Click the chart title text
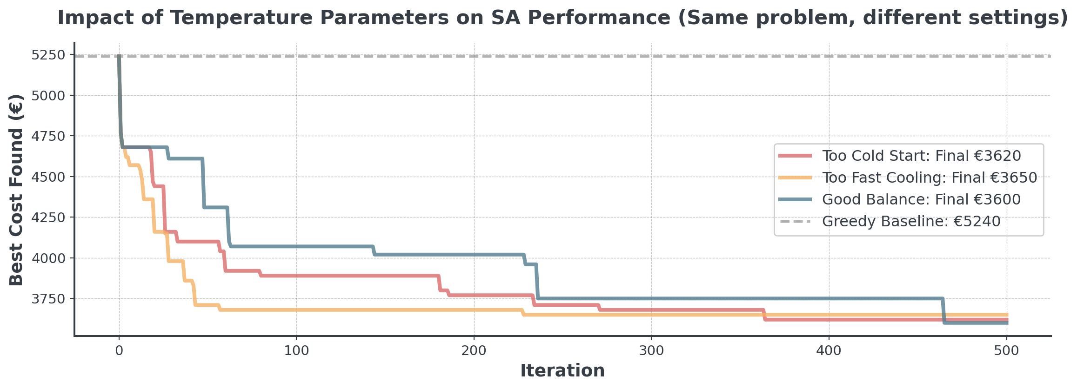562,18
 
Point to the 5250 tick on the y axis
48,55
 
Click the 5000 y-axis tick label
48,96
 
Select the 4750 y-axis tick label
48,136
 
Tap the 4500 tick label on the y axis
48,177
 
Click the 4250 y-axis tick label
48,218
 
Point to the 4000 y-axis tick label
48,258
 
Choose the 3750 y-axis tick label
48,299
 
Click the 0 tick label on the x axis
119,350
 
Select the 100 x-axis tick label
296,350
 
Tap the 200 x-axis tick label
474,350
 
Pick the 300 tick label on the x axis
651,350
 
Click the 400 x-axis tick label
829,350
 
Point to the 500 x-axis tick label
1006,350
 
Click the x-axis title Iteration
562,371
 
